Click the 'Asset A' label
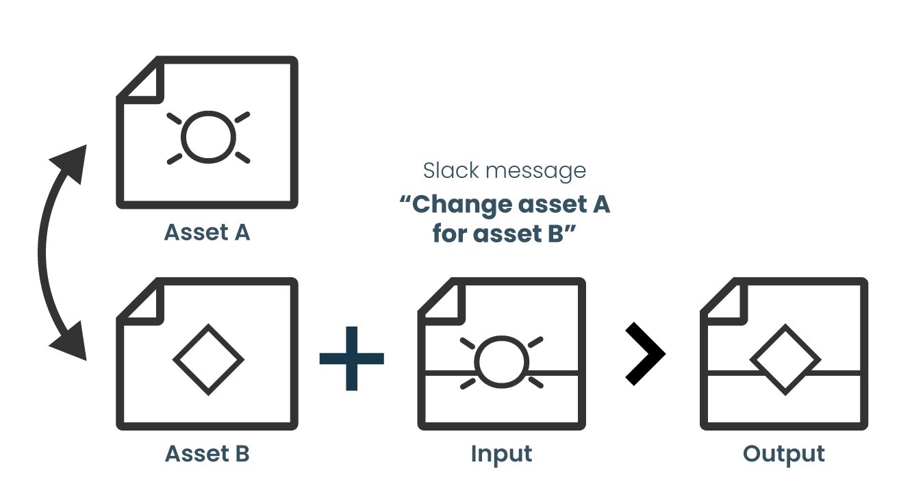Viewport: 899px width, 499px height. point(207,232)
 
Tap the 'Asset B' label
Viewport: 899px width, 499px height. point(207,454)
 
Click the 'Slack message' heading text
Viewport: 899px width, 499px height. point(505,170)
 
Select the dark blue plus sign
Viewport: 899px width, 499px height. point(351,358)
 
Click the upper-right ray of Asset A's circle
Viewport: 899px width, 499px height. point(242,117)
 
